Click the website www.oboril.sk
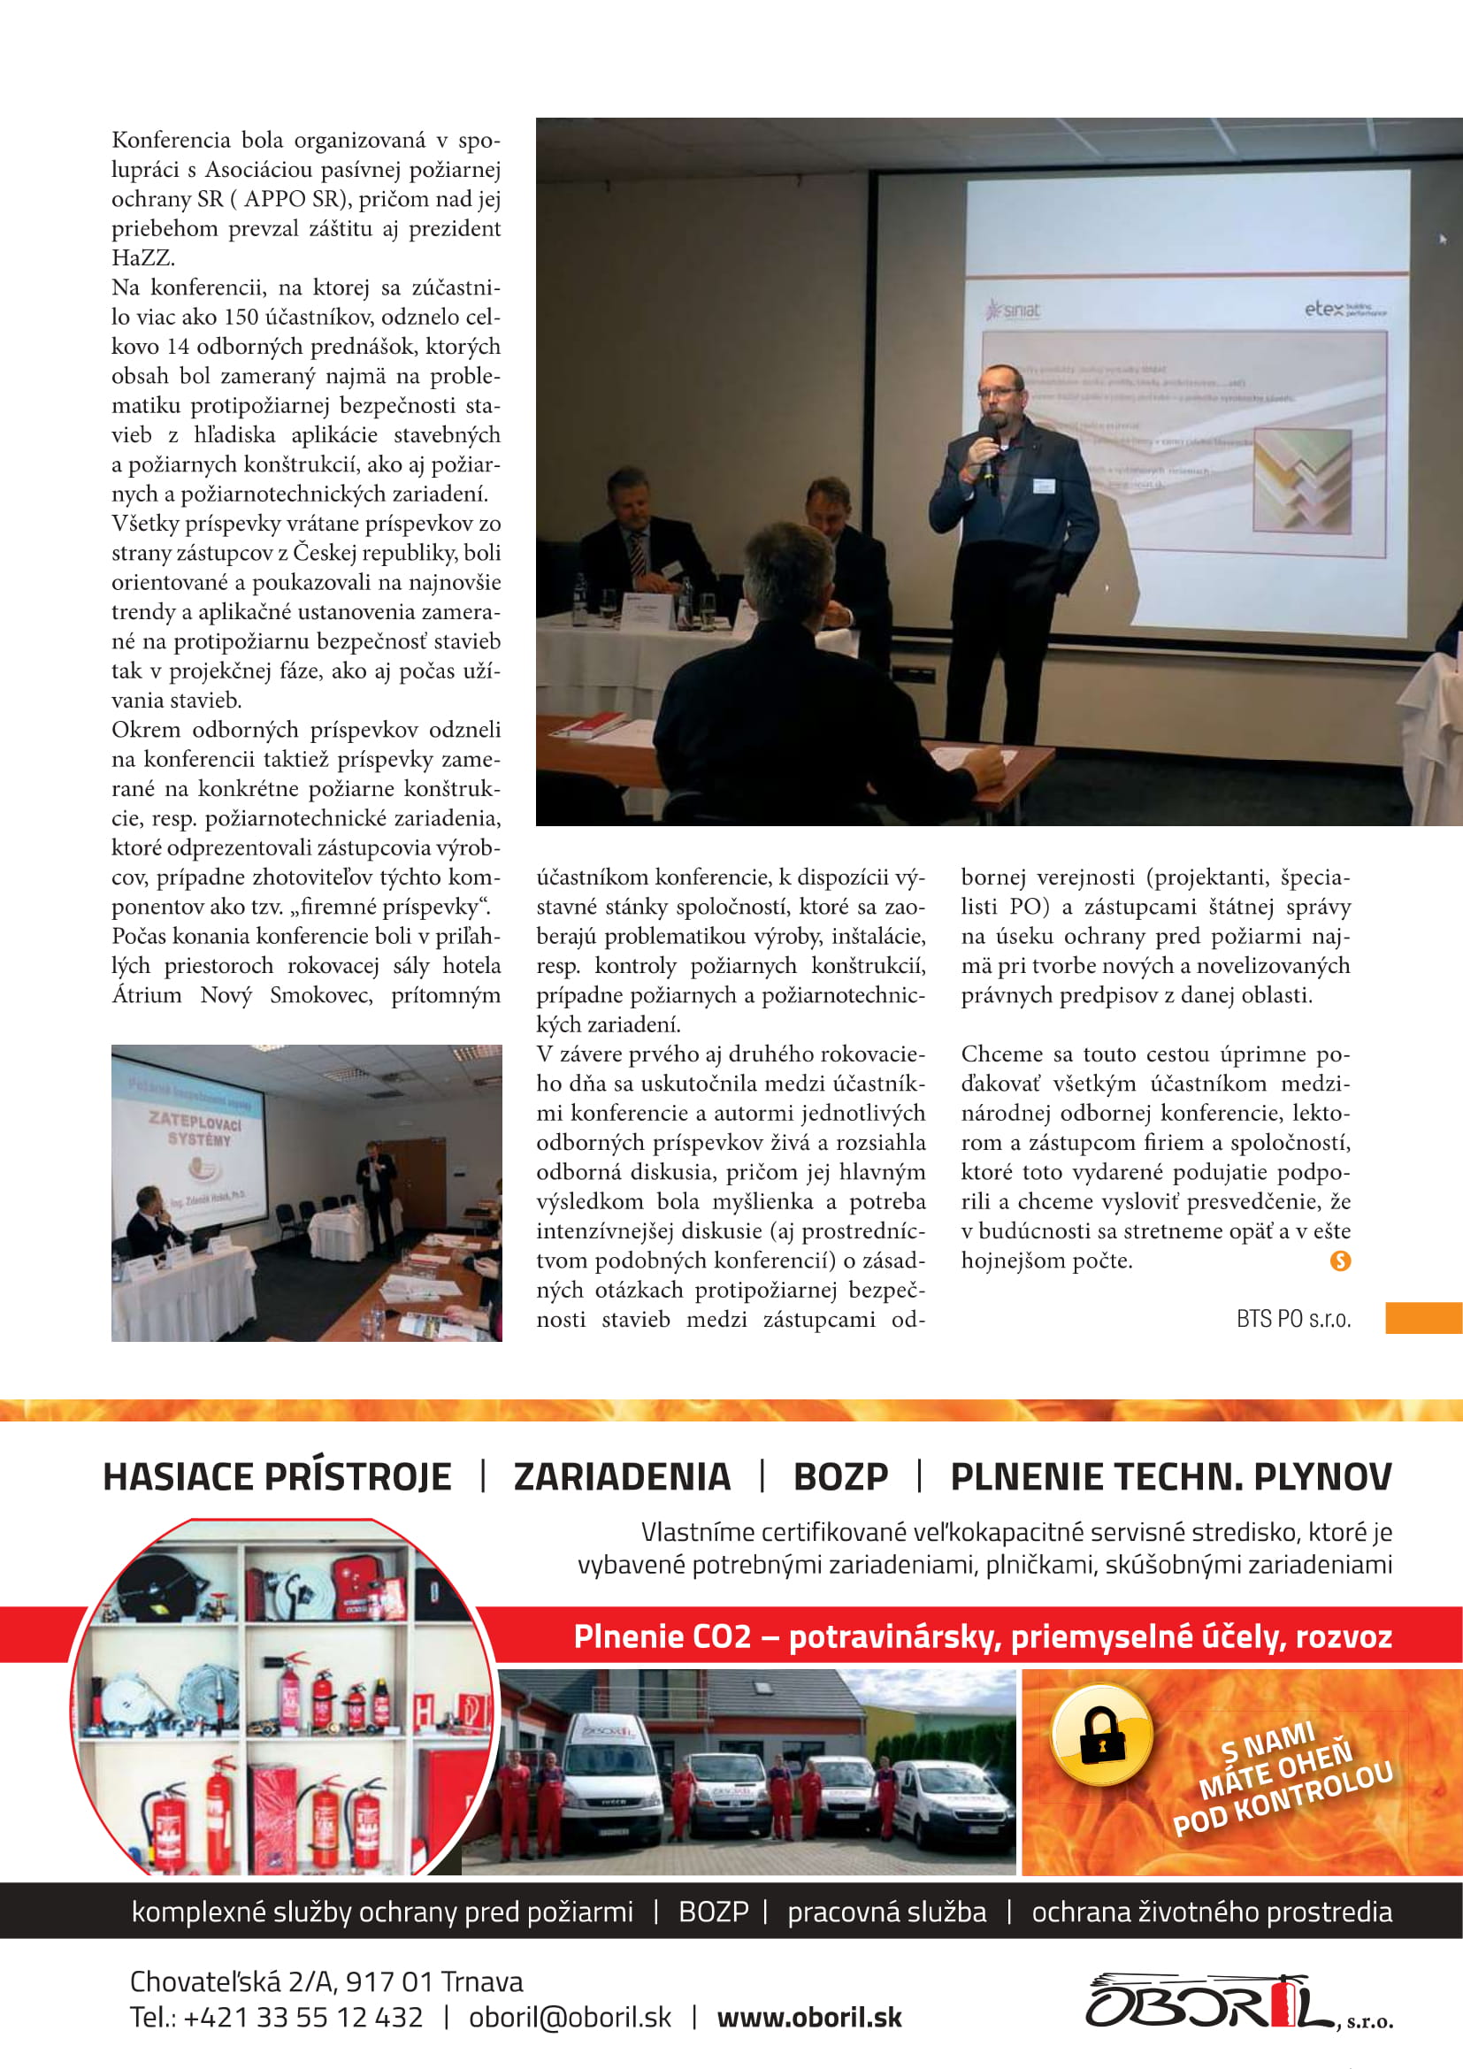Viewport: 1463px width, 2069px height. pyautogui.click(x=809, y=2018)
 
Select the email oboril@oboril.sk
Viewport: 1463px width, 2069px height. pyautogui.click(x=570, y=2018)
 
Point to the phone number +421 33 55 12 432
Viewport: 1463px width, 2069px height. pyautogui.click(x=303, y=2018)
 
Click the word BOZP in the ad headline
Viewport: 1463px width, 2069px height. pyautogui.click(x=839, y=1478)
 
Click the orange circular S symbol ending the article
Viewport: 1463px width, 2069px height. pyautogui.click(x=1339, y=1261)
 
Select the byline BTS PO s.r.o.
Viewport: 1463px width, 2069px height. pyautogui.click(x=1293, y=1318)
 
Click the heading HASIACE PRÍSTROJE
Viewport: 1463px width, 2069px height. pyautogui.click(x=277, y=1478)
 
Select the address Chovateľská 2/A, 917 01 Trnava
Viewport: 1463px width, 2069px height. pyautogui.click(x=326, y=1981)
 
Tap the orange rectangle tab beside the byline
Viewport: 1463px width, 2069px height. pyautogui.click(x=1422, y=1317)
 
